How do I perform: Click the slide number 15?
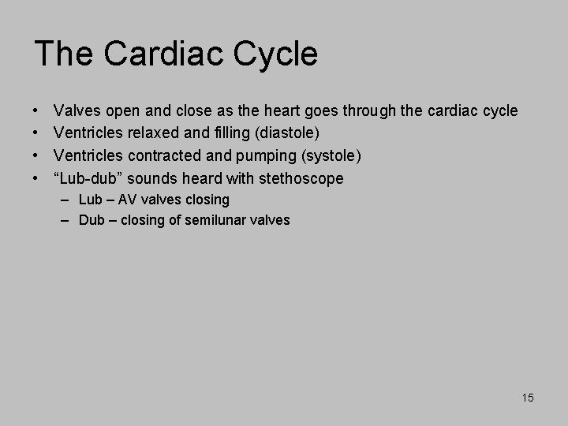[x=527, y=398]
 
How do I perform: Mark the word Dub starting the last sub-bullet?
[x=92, y=220]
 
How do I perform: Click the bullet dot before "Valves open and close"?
[x=38, y=110]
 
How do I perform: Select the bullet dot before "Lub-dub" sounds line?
[x=38, y=178]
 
